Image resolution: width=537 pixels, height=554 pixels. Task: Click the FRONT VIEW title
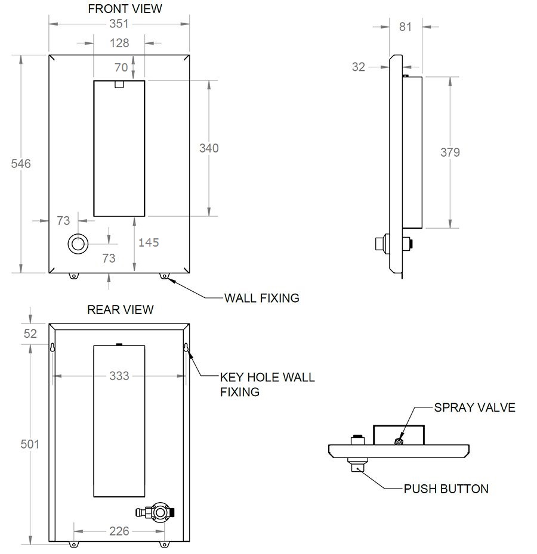point(125,9)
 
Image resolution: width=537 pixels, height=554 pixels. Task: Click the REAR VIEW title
point(121,310)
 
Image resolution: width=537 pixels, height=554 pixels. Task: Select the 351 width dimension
point(120,24)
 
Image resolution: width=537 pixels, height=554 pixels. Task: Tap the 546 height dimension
point(21,164)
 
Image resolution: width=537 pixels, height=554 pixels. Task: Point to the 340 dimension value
point(209,148)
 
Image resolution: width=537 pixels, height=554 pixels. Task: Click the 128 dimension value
point(119,43)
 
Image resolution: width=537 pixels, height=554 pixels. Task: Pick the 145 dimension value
point(149,242)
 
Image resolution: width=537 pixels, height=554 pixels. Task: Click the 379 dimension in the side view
point(450,152)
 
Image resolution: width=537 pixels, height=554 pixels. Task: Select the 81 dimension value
point(405,27)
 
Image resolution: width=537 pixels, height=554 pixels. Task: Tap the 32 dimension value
point(358,67)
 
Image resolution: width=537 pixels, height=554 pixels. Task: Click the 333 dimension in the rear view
point(119,376)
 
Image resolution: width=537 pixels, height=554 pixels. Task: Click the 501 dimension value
point(29,444)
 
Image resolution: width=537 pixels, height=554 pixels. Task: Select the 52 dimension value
point(30,334)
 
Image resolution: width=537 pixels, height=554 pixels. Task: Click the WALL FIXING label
point(261,298)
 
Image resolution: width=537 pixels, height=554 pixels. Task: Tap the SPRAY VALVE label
point(474,408)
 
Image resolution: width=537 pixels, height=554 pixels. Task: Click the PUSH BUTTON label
point(446,489)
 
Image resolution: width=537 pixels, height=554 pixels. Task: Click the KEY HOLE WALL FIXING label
point(267,384)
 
